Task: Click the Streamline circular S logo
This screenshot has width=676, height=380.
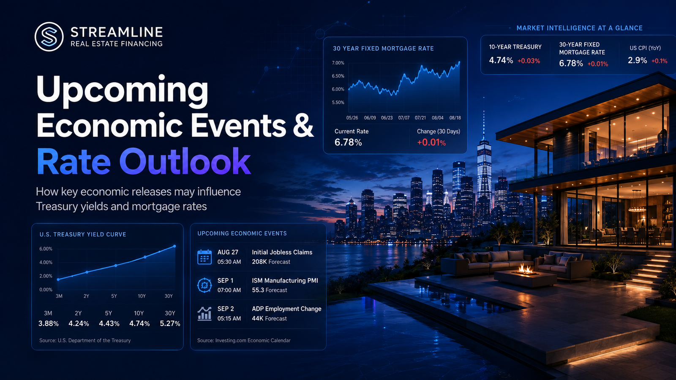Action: click(x=49, y=36)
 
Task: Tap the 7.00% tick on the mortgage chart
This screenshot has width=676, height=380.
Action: click(x=338, y=63)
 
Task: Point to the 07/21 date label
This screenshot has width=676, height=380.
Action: click(x=420, y=118)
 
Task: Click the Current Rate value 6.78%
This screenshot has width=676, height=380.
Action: click(x=348, y=142)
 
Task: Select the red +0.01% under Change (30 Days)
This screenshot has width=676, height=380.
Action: click(x=431, y=142)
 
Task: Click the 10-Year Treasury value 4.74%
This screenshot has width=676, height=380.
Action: click(x=501, y=60)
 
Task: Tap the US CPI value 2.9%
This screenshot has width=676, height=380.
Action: click(x=638, y=60)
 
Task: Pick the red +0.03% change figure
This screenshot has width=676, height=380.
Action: click(x=529, y=61)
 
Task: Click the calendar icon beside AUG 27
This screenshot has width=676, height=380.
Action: click(x=204, y=257)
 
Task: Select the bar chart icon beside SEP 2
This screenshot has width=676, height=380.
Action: click(x=204, y=313)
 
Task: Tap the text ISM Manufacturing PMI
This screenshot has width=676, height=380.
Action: click(x=285, y=280)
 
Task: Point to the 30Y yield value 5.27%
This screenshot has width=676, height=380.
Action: click(x=170, y=323)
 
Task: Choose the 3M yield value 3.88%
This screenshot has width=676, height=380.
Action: click(x=48, y=323)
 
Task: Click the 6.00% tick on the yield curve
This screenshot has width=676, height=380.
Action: click(x=46, y=249)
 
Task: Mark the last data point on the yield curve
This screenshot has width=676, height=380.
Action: click(x=174, y=247)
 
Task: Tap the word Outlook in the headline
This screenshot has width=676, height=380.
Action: click(x=185, y=161)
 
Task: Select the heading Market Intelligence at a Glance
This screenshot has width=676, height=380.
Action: click(x=579, y=28)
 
